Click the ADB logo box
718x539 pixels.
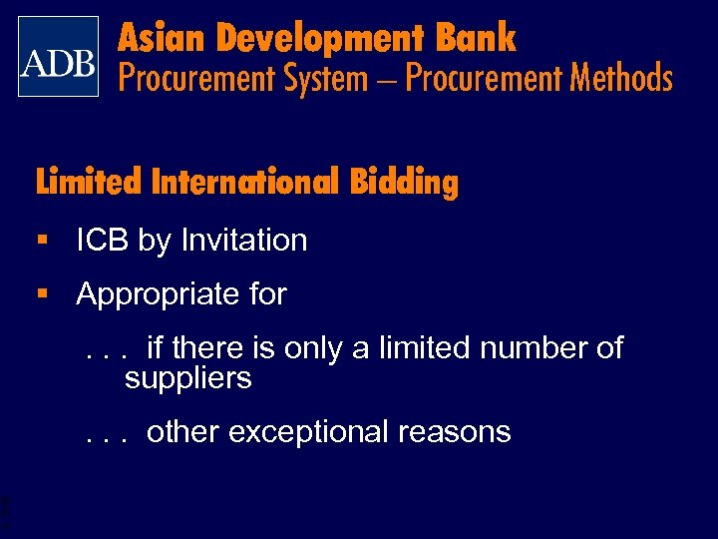(x=59, y=57)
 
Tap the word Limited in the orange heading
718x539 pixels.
(x=89, y=183)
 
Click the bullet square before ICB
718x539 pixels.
(x=42, y=240)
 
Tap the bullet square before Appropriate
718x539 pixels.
(x=42, y=294)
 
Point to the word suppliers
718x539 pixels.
(x=187, y=378)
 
